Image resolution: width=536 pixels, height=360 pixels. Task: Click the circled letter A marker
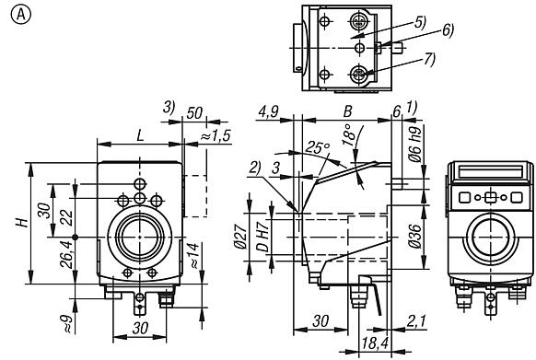point(14,14)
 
